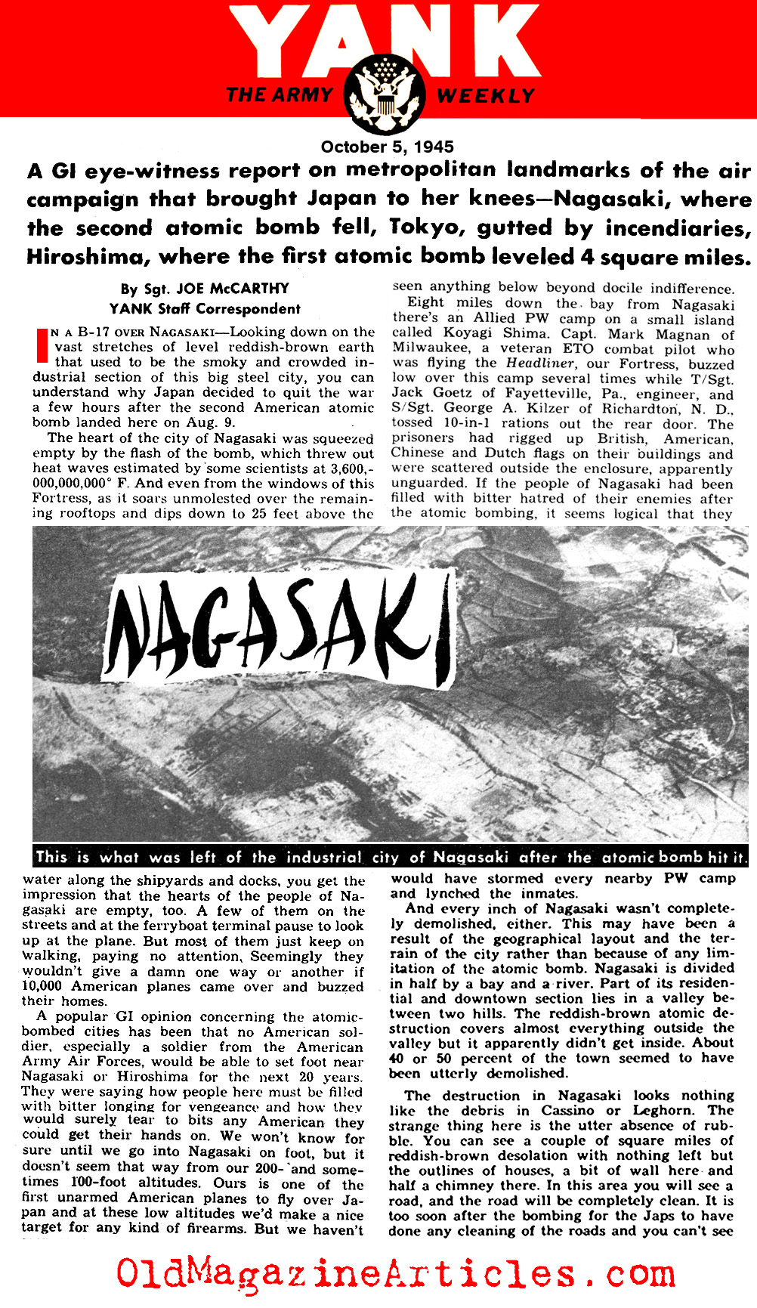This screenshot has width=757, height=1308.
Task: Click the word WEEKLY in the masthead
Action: (485, 96)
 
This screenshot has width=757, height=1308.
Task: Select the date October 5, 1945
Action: (387, 147)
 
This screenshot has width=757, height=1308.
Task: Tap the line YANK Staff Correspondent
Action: (205, 308)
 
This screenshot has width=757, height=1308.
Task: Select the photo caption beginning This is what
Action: (391, 857)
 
